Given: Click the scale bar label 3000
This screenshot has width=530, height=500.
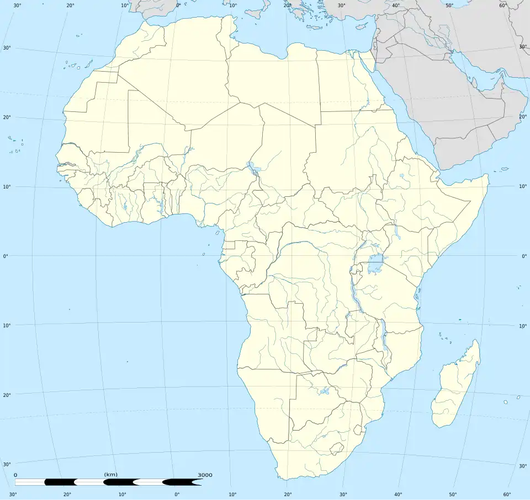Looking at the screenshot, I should coord(205,475).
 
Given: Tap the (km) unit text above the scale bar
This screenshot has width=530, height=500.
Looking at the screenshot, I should coord(110,475).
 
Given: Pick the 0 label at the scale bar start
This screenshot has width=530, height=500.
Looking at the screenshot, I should coord(15,475).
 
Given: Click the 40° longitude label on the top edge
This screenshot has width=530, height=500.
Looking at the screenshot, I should coord(396,6).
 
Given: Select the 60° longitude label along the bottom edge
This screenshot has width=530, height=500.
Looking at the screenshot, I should coord(507,494).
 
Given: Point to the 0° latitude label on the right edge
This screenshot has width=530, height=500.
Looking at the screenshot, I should coord(523,256).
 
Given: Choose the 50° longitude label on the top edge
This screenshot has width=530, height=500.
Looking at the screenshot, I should coord(449,6).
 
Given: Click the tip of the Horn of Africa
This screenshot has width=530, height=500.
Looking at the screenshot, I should coord(488,176).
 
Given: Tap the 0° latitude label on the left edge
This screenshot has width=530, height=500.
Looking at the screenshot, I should coord(7,256).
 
